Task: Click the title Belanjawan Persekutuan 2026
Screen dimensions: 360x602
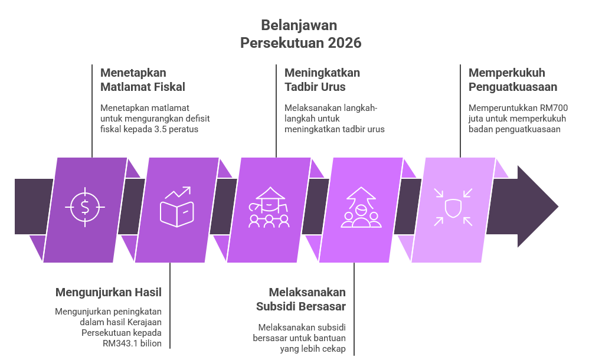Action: tap(300, 34)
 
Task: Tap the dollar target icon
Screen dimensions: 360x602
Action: tap(85, 207)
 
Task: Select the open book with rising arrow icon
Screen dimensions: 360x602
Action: tap(177, 207)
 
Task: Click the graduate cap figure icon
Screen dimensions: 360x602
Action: tap(269, 207)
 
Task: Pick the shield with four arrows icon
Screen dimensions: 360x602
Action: tap(453, 207)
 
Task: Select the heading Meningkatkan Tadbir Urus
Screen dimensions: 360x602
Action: tap(322, 80)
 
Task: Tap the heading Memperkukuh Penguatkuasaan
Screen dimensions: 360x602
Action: tap(513, 80)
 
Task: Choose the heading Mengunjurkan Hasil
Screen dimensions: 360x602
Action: tap(109, 293)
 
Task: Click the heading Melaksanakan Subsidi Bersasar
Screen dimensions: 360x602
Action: tap(301, 299)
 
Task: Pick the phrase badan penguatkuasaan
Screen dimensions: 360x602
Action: tap(514, 129)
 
